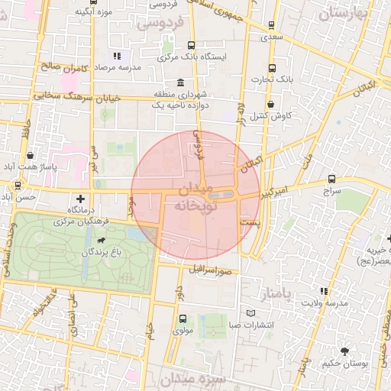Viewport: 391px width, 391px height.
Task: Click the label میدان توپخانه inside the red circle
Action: click(x=196, y=198)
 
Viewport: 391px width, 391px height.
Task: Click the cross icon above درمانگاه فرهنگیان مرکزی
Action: click(x=80, y=199)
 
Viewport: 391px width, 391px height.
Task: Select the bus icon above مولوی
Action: click(x=182, y=318)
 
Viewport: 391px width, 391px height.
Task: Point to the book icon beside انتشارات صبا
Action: click(x=251, y=313)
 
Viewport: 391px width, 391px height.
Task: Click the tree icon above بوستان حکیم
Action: click(x=345, y=352)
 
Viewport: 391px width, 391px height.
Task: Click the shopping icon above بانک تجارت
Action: click(x=272, y=67)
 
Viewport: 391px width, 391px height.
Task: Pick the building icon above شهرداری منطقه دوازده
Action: click(x=180, y=82)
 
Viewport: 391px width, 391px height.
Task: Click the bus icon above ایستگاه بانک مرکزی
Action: click(x=190, y=45)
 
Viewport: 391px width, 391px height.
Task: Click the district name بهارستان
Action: click(x=343, y=14)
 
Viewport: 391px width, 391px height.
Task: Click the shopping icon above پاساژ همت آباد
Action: click(x=29, y=156)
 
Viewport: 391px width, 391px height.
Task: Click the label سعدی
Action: click(x=271, y=36)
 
